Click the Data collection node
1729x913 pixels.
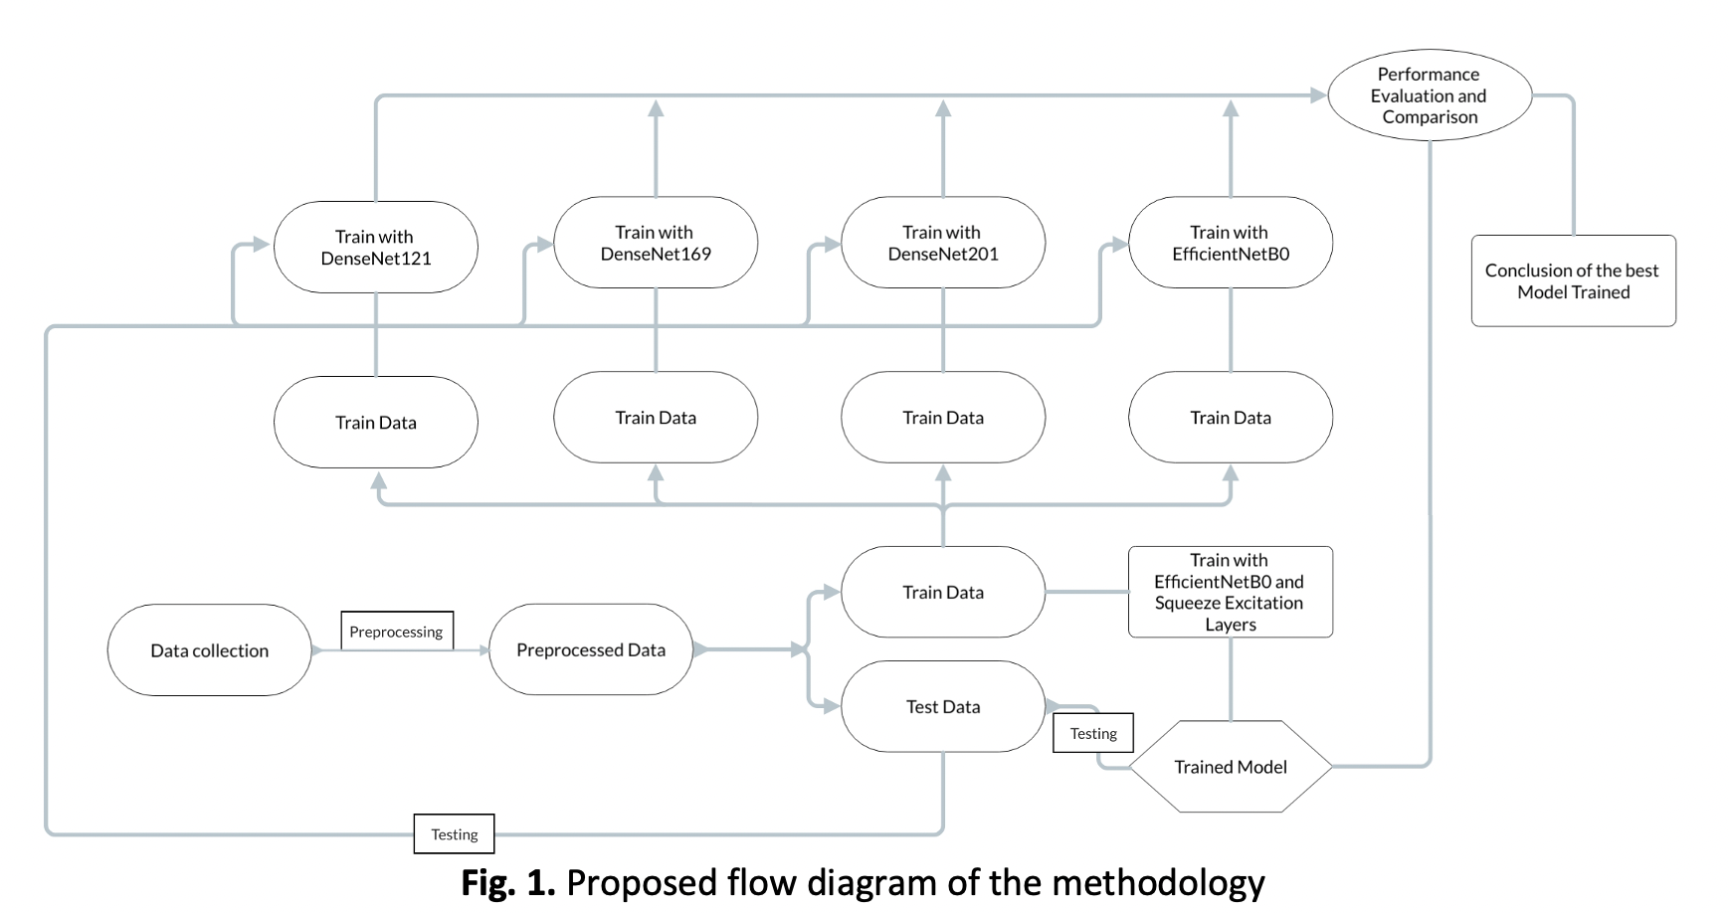click(209, 650)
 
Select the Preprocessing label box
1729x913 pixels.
click(396, 632)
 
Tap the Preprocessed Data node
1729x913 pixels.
click(591, 649)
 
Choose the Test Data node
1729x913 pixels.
click(943, 707)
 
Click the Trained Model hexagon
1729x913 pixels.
click(1231, 767)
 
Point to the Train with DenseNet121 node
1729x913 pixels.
click(375, 248)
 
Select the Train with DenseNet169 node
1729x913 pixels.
click(656, 243)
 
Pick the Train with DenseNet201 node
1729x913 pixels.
click(943, 243)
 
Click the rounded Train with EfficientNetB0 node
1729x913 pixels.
click(1231, 243)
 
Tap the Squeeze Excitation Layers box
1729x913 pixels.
click(1231, 592)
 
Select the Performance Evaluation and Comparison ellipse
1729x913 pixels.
click(1429, 95)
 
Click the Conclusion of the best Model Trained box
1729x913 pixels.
click(1573, 280)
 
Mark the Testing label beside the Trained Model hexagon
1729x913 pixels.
click(1093, 733)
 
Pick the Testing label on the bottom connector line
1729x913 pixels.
click(454, 834)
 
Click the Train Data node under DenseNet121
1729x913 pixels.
click(375, 423)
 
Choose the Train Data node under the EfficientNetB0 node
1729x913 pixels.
click(1231, 418)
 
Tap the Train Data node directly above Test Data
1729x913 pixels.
click(943, 592)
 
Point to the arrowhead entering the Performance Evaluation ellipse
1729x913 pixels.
click(1319, 95)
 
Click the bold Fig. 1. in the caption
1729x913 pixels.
click(507, 883)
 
